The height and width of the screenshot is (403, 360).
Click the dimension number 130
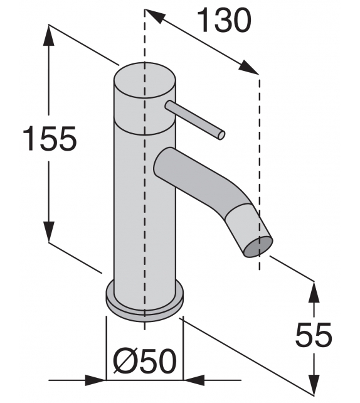225,22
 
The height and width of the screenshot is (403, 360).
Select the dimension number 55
314,336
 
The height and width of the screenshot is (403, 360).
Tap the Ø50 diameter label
144,361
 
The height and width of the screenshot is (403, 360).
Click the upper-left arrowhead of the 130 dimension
154,18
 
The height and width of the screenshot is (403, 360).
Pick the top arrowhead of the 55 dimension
312,289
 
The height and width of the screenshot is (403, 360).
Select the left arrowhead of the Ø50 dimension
97,380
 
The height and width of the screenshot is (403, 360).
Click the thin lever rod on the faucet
194,119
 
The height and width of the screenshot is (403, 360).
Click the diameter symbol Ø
125,361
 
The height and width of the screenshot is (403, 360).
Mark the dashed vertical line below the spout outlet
258,264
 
